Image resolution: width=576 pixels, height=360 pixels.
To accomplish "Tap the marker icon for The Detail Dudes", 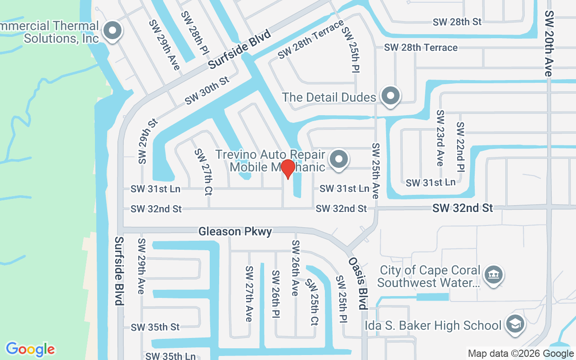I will [390, 96].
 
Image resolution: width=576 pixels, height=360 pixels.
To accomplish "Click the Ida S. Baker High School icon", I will [515, 324].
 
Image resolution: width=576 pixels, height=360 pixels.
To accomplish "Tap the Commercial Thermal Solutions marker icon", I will [112, 31].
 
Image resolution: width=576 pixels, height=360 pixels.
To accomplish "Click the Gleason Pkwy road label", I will [235, 232].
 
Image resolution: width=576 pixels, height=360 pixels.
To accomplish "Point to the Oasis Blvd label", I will [356, 283].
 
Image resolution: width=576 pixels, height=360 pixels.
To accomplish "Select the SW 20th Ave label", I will [549, 43].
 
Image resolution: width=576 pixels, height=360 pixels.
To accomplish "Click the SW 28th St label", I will [457, 22].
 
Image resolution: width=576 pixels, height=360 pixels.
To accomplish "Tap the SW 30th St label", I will [207, 91].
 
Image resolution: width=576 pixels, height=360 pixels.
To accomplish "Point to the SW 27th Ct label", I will [203, 171].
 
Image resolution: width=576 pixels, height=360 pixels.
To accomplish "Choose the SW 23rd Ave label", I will [440, 138].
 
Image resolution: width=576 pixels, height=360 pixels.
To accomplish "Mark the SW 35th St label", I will [155, 327].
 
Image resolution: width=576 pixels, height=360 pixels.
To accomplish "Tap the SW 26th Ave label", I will [295, 268].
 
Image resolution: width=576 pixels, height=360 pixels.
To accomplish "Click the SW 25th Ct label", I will [311, 301].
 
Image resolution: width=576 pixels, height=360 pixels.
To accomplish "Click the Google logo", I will [30, 349].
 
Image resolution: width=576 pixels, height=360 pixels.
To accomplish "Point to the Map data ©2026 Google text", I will [520, 354].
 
